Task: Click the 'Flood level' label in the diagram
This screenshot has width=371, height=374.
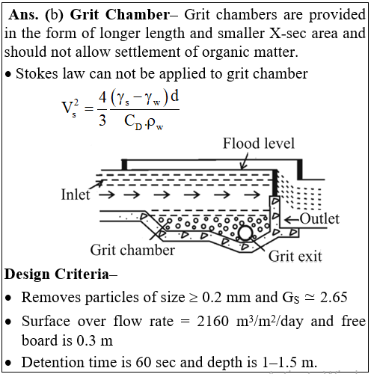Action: [x=259, y=144]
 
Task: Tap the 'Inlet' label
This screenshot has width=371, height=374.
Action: [x=76, y=194]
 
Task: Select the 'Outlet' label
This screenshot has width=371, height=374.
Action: [x=319, y=219]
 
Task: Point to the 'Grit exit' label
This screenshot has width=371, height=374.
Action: [x=295, y=257]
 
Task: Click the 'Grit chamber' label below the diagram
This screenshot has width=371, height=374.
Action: [x=132, y=250]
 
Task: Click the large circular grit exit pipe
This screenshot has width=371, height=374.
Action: [x=245, y=233]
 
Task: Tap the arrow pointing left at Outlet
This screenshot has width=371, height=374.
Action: [x=292, y=220]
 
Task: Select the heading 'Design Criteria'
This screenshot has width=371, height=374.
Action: [x=61, y=274]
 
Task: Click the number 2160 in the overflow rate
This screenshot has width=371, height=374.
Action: [x=212, y=321]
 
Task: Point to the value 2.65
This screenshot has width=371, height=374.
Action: [x=334, y=297]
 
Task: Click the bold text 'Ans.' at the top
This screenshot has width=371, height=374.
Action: [x=24, y=15]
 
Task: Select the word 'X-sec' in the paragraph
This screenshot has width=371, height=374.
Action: [x=287, y=33]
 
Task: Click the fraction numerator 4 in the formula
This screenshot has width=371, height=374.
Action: [x=102, y=96]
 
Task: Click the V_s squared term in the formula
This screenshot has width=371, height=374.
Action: [x=70, y=108]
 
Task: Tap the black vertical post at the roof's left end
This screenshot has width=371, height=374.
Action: [x=124, y=165]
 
